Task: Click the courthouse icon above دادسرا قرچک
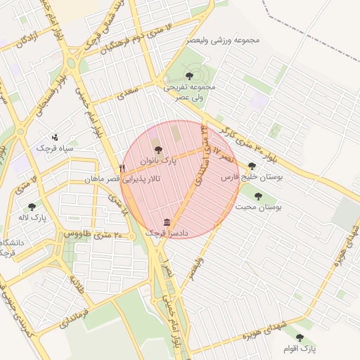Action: click(167, 221)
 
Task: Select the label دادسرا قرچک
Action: click(162, 233)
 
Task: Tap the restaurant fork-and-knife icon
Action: click(122, 169)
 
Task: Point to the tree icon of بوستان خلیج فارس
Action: click(252, 167)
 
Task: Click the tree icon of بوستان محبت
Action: click(258, 196)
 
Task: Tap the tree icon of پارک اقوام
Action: click(300, 337)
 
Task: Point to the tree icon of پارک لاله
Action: click(32, 207)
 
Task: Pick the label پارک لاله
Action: click(32, 218)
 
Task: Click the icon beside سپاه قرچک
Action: click(56, 137)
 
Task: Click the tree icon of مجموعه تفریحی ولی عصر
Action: click(188, 75)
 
